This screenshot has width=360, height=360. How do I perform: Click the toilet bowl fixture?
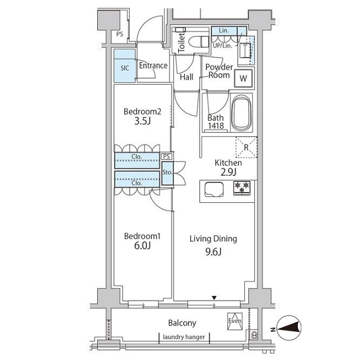point(199,42)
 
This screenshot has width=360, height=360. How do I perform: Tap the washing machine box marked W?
point(243,78)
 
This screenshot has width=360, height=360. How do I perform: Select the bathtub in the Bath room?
point(241,113)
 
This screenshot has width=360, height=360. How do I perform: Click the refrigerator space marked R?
point(247,147)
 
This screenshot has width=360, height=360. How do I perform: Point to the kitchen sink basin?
point(214,190)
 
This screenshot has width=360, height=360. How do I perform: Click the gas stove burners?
point(242,188)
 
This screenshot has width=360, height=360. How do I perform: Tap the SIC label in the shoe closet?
point(125,68)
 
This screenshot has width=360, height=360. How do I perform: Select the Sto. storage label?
point(167,172)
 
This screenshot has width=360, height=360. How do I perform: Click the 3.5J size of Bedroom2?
point(143,121)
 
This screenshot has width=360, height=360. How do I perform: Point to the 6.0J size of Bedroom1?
point(142,245)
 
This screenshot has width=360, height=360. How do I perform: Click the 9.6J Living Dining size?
point(213,252)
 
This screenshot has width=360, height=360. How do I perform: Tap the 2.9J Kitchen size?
point(228,172)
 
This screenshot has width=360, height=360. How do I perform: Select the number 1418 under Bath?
point(216,125)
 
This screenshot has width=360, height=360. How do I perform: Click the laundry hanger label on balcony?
point(184,337)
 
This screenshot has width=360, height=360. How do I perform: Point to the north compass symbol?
point(289,328)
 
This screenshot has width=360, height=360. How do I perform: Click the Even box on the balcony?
point(235,321)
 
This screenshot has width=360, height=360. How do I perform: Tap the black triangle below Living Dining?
point(214,298)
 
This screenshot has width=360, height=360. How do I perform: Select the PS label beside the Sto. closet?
point(167,157)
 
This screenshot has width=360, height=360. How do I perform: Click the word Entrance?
point(153,65)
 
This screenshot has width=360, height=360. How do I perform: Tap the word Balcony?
point(182,323)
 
